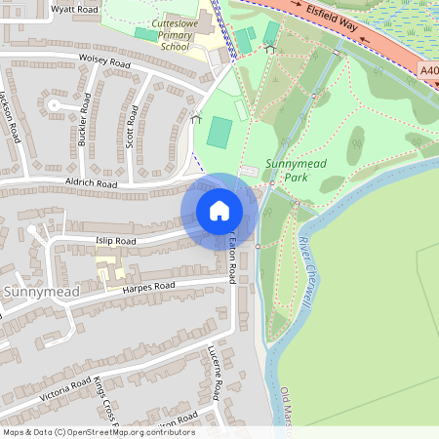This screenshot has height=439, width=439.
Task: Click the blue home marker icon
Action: [219, 211]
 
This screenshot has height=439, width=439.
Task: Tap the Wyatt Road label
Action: [77, 9]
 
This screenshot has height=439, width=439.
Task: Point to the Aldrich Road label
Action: [93, 183]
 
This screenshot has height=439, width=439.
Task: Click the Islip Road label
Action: [116, 240]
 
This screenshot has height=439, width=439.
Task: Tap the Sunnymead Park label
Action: [295, 170]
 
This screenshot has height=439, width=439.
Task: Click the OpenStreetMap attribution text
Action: [98, 431]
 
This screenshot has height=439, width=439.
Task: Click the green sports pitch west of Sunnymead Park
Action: [220, 132]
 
